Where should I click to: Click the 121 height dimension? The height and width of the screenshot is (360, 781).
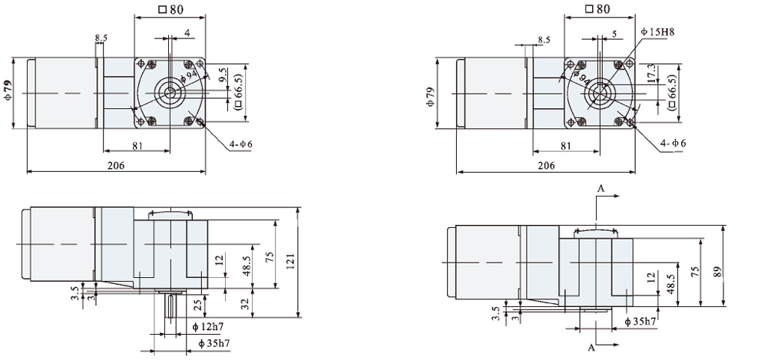(x=290, y=259)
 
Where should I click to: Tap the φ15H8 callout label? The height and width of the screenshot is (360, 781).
(x=657, y=32)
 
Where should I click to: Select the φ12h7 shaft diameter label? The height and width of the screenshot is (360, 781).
(x=207, y=327)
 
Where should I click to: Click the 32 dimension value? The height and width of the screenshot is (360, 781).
(x=245, y=304)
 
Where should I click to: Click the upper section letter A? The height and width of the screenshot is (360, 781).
(x=601, y=188)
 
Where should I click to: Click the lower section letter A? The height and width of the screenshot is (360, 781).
(x=592, y=347)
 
